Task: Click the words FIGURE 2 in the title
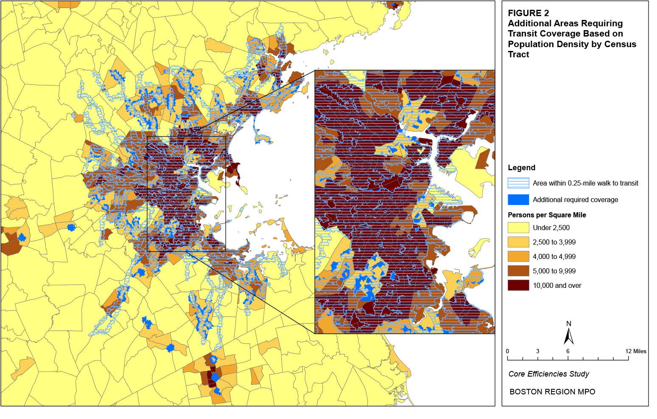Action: (x=528, y=13)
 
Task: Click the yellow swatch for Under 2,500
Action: (x=518, y=228)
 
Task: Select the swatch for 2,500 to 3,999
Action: (x=518, y=242)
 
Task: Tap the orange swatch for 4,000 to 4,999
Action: (x=518, y=256)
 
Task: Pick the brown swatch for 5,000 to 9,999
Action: (x=518, y=271)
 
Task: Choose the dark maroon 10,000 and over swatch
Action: (x=518, y=285)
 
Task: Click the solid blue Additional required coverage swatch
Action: (x=518, y=200)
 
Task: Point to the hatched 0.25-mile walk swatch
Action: (x=518, y=183)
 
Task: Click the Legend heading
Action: (x=521, y=168)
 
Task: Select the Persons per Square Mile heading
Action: (x=547, y=215)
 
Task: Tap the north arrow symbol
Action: (x=568, y=336)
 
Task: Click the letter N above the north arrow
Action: (x=569, y=323)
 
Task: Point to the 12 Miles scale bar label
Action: (x=635, y=351)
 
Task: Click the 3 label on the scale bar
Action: (x=537, y=351)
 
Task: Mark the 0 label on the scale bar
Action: (x=507, y=351)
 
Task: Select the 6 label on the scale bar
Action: (x=568, y=351)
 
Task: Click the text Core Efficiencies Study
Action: (x=548, y=374)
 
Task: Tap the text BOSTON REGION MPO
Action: (x=552, y=392)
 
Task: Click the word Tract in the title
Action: (x=518, y=54)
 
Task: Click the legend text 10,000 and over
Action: (x=557, y=285)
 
